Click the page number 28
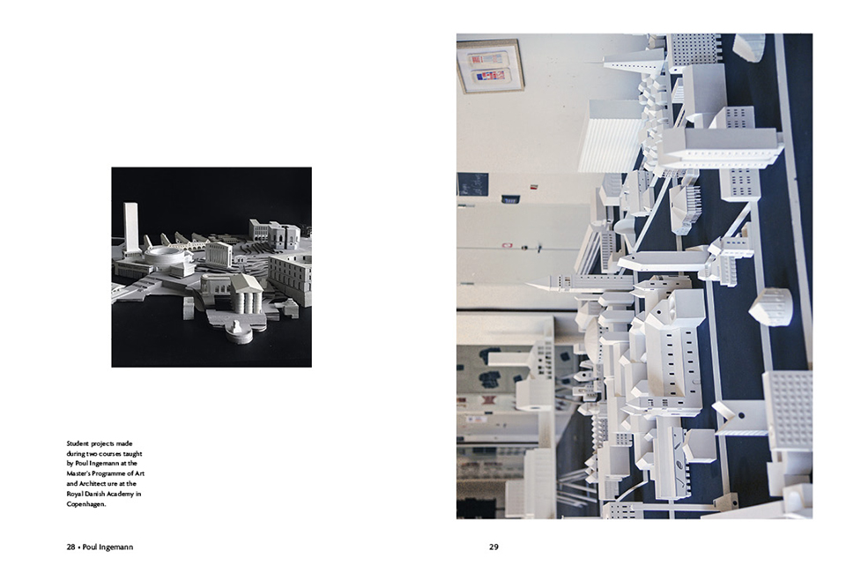70,547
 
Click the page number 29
493,547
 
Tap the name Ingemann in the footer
116,547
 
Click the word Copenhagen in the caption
85,504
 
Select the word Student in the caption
78,443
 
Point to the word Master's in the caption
79,474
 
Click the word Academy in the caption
121,494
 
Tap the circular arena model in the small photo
165,258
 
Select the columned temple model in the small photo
247,294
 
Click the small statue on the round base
237,331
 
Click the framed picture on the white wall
491,67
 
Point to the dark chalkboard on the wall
472,184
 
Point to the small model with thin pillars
686,208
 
